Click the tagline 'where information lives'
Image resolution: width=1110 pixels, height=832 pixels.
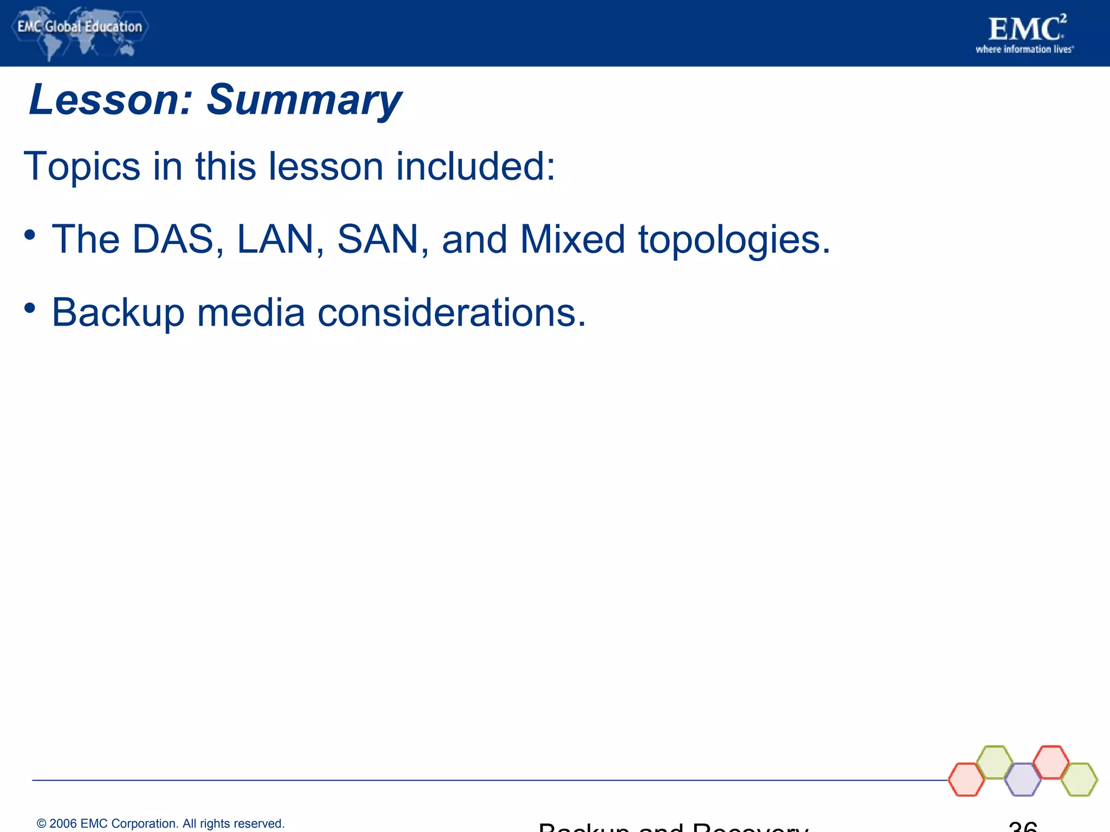click(1024, 49)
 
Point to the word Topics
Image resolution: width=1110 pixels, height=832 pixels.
click(82, 167)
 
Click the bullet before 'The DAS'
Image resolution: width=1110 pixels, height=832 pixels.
click(30, 236)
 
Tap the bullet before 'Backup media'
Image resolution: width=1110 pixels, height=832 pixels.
click(30, 309)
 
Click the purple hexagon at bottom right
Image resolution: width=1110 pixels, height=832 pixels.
click(1023, 779)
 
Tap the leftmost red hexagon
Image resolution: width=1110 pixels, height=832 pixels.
click(966, 779)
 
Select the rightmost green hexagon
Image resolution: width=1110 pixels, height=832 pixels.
click(1079, 779)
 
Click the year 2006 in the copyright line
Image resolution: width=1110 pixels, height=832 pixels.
click(63, 823)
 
